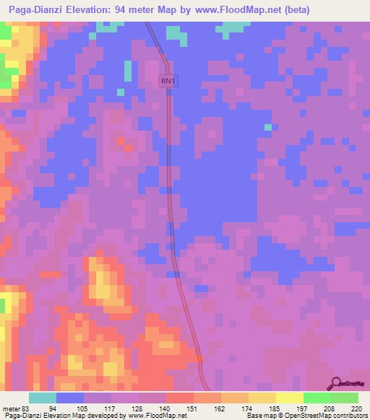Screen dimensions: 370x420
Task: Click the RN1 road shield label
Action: coord(168,82)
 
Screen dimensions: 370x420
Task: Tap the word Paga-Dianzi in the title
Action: coord(35,10)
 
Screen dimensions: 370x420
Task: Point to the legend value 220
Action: coord(357,409)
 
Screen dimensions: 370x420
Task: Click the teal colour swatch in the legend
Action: coord(43,398)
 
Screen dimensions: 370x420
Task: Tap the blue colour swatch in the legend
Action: coord(70,398)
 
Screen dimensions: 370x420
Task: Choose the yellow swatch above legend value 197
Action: coord(290,398)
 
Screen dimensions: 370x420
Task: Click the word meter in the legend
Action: coord(11,409)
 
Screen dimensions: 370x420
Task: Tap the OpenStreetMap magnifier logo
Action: coord(337,383)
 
